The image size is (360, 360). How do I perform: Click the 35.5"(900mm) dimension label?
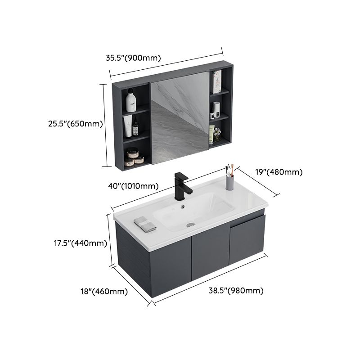point(133,58)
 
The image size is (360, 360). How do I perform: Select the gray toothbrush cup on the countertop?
point(230,182)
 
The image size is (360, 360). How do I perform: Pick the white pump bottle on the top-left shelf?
point(131,100)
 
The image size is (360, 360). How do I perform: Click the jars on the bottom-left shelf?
point(135,156)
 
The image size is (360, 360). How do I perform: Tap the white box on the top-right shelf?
point(217,81)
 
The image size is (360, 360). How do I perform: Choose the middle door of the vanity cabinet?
point(211,252)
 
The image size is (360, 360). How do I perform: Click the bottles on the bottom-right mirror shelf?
point(214,134)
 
